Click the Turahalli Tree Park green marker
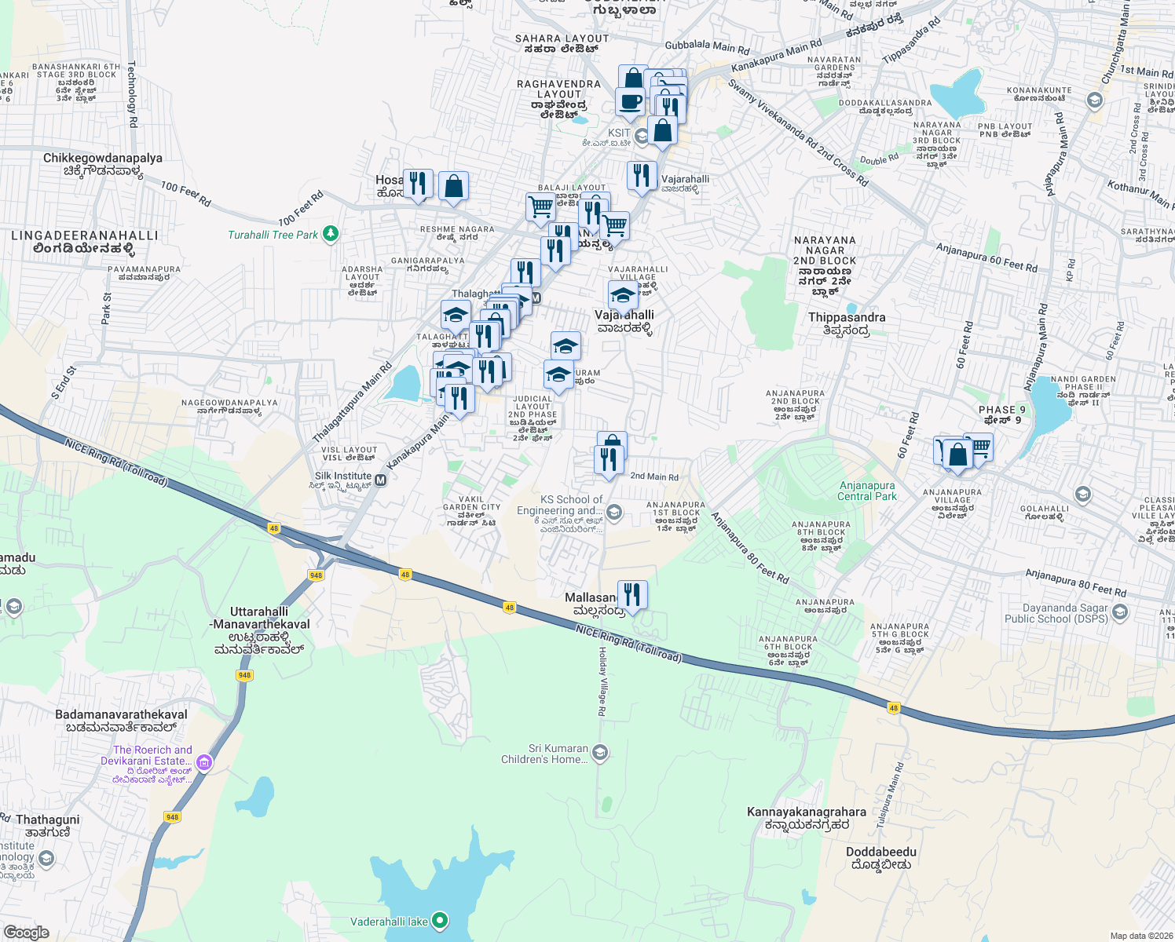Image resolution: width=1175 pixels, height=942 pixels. tap(331, 234)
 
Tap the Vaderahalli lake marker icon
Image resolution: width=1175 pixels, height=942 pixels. tap(440, 921)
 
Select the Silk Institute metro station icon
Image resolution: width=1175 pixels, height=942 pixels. tap(381, 480)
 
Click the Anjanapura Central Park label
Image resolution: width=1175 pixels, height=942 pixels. tap(866, 491)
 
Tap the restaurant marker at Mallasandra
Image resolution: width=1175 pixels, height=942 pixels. tap(632, 594)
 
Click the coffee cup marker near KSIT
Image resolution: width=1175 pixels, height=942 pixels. tap(630, 101)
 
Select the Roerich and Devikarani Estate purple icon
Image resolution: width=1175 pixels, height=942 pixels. tap(204, 761)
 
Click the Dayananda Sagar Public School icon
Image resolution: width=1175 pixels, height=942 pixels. tap(1120, 612)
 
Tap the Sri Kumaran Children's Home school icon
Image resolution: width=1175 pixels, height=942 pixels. tap(600, 754)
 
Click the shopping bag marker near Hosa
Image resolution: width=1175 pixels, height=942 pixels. tap(453, 187)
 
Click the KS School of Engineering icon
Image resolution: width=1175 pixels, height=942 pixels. tap(614, 513)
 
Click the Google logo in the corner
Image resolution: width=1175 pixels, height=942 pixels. tap(26, 932)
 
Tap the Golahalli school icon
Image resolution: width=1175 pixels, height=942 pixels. tap(1083, 495)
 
